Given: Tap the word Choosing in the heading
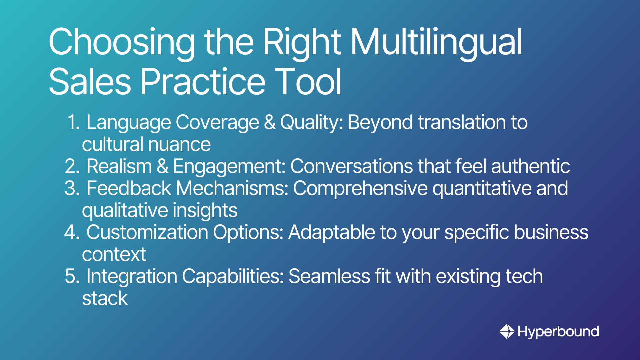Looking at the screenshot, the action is point(122,43).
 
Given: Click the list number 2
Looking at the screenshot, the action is point(72,166).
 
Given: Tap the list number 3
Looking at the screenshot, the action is point(72,188).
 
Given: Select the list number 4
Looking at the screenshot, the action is point(72,232).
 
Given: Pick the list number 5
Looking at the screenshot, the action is point(72,276).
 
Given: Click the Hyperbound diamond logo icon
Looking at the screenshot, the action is point(507,331).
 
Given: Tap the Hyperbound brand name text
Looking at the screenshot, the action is point(558,332).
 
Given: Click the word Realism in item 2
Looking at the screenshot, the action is point(119,166).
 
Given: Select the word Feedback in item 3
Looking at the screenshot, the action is point(129,188).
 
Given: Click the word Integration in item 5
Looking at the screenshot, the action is point(132,277).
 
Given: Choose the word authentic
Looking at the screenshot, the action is point(530,166).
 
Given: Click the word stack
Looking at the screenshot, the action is point(105,298).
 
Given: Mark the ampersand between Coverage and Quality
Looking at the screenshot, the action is point(270,122).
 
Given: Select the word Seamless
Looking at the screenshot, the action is point(329,276).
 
